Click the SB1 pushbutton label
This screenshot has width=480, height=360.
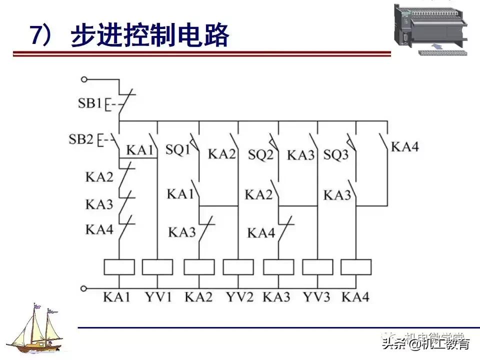[x=90, y=104]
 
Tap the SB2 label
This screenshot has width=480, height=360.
[x=81, y=138]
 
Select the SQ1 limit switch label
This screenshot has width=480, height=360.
[x=178, y=150]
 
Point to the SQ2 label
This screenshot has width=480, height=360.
[x=261, y=154]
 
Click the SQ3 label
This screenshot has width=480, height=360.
[x=335, y=154]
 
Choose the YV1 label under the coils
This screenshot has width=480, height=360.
[x=157, y=296]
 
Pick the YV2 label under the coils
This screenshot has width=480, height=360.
[x=239, y=296]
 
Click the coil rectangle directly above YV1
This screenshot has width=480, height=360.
[x=157, y=267]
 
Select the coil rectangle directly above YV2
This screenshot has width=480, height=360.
[x=238, y=267]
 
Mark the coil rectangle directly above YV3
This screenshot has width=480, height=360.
[x=317, y=267]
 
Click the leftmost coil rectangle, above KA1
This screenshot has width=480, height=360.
[x=119, y=267]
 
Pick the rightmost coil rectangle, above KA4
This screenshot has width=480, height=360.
[x=356, y=267]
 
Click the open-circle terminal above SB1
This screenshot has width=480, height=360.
[x=84, y=79]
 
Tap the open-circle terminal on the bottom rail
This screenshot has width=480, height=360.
[x=84, y=288]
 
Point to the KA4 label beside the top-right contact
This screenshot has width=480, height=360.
[x=404, y=146]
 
